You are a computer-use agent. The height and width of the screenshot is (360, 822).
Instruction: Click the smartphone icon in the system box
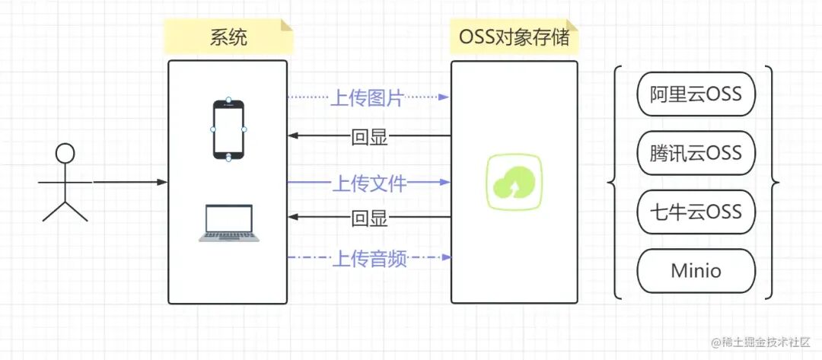pos(228,129)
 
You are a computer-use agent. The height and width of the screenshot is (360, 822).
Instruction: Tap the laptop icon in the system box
pos(228,222)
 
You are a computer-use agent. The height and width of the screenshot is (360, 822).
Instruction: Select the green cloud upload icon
pos(515,182)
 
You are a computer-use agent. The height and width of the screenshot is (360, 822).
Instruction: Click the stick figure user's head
pos(65,154)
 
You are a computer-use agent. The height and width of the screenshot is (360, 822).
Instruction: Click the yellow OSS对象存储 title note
pos(515,37)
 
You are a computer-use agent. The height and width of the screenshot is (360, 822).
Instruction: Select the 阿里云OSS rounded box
pos(696,94)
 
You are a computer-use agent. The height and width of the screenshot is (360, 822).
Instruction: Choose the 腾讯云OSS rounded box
pos(696,153)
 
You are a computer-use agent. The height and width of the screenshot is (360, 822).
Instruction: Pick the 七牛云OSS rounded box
pos(696,211)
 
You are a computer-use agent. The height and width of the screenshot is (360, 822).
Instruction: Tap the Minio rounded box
pos(696,270)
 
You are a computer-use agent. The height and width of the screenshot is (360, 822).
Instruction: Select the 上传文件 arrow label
pos(368,183)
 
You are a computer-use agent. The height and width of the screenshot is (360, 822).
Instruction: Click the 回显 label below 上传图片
pos(370,137)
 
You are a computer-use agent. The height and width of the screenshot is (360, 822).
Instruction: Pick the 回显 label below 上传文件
pos(370,219)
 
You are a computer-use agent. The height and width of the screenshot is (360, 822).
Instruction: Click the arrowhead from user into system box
pos(161,183)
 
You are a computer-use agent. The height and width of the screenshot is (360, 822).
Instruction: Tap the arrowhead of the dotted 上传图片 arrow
pos(444,97)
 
